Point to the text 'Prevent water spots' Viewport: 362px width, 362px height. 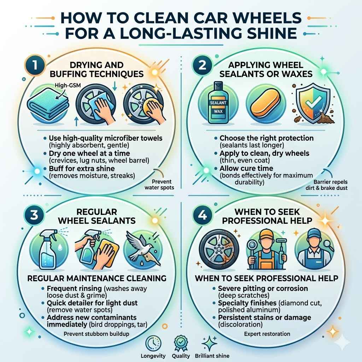point(159,185)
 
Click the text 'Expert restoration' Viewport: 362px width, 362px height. point(267,334)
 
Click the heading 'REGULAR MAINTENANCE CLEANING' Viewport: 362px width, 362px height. point(97,278)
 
